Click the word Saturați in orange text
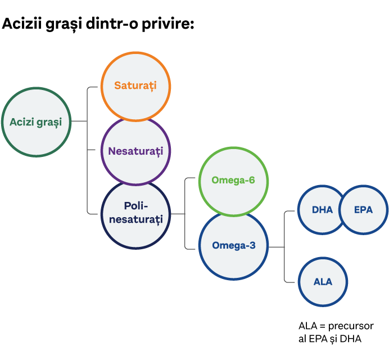pos(135,86)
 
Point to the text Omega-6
pos(233,180)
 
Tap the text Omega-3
pos(233,246)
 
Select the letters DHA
pos(322,210)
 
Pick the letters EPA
pos(363,210)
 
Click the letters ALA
pos(322,282)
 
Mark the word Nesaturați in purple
pos(135,151)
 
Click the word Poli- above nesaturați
pos(135,206)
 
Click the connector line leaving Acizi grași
pos(79,121)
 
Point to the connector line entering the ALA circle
pos(291,282)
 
